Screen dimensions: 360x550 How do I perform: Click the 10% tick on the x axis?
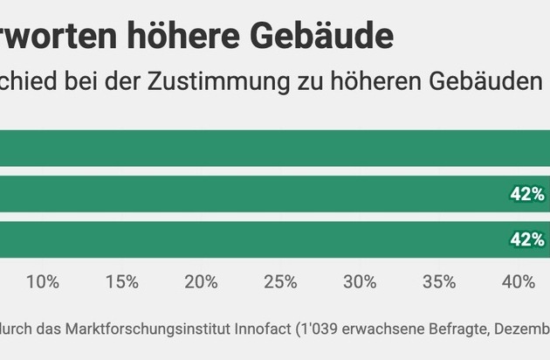pos(43,281)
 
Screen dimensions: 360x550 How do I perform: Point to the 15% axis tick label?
pos(122,281)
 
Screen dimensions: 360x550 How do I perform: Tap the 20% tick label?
pos(201,281)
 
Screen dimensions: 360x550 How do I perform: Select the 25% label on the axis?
pos(280,281)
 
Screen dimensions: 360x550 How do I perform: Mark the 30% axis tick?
pos(360,281)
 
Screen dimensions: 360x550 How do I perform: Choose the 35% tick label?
pos(439,281)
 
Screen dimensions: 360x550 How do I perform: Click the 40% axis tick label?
pos(518,281)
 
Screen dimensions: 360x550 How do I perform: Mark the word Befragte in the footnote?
pos(465,329)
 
